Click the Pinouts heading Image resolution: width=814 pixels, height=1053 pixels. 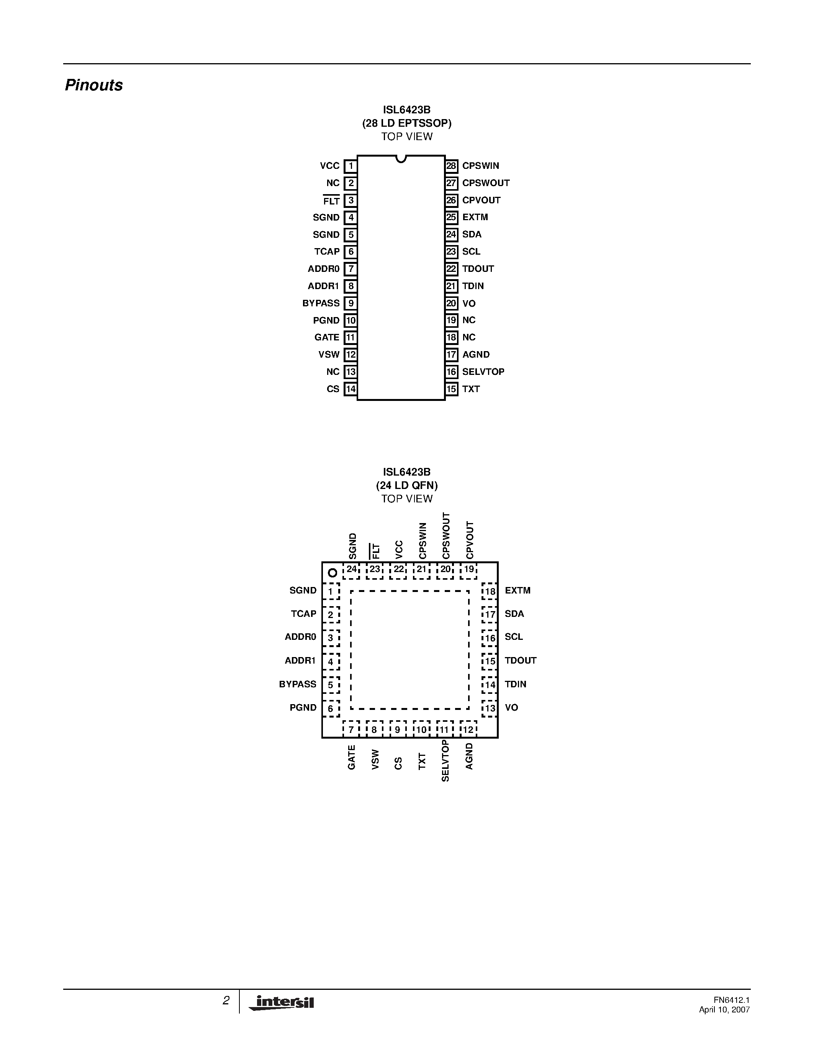click(x=93, y=85)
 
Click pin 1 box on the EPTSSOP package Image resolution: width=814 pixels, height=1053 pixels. click(x=350, y=166)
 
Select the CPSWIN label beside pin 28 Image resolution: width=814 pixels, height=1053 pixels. click(x=480, y=166)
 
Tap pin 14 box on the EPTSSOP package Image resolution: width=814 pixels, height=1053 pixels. click(x=350, y=389)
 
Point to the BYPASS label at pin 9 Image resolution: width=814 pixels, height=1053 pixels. click(x=321, y=303)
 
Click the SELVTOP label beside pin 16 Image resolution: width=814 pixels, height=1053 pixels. click(x=483, y=372)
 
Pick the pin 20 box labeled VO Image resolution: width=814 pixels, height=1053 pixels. click(x=451, y=303)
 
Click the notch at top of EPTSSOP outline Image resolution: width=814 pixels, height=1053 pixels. click(x=401, y=159)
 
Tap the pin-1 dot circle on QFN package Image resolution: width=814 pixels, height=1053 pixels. click(x=332, y=573)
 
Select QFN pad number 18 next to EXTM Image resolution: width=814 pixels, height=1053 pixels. click(x=490, y=592)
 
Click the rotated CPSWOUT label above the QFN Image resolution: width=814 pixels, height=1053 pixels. click(x=446, y=536)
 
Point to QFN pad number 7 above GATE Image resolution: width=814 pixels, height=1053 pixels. click(x=351, y=729)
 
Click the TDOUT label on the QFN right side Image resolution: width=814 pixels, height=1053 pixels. click(x=520, y=661)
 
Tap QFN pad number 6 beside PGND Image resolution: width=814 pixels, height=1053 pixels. click(x=331, y=709)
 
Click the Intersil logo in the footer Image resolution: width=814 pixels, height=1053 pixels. click(x=282, y=1003)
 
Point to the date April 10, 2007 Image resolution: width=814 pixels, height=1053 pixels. click(x=724, y=1010)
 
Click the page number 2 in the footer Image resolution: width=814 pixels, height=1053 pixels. click(x=226, y=1001)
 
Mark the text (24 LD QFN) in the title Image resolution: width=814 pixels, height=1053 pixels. click(x=406, y=486)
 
